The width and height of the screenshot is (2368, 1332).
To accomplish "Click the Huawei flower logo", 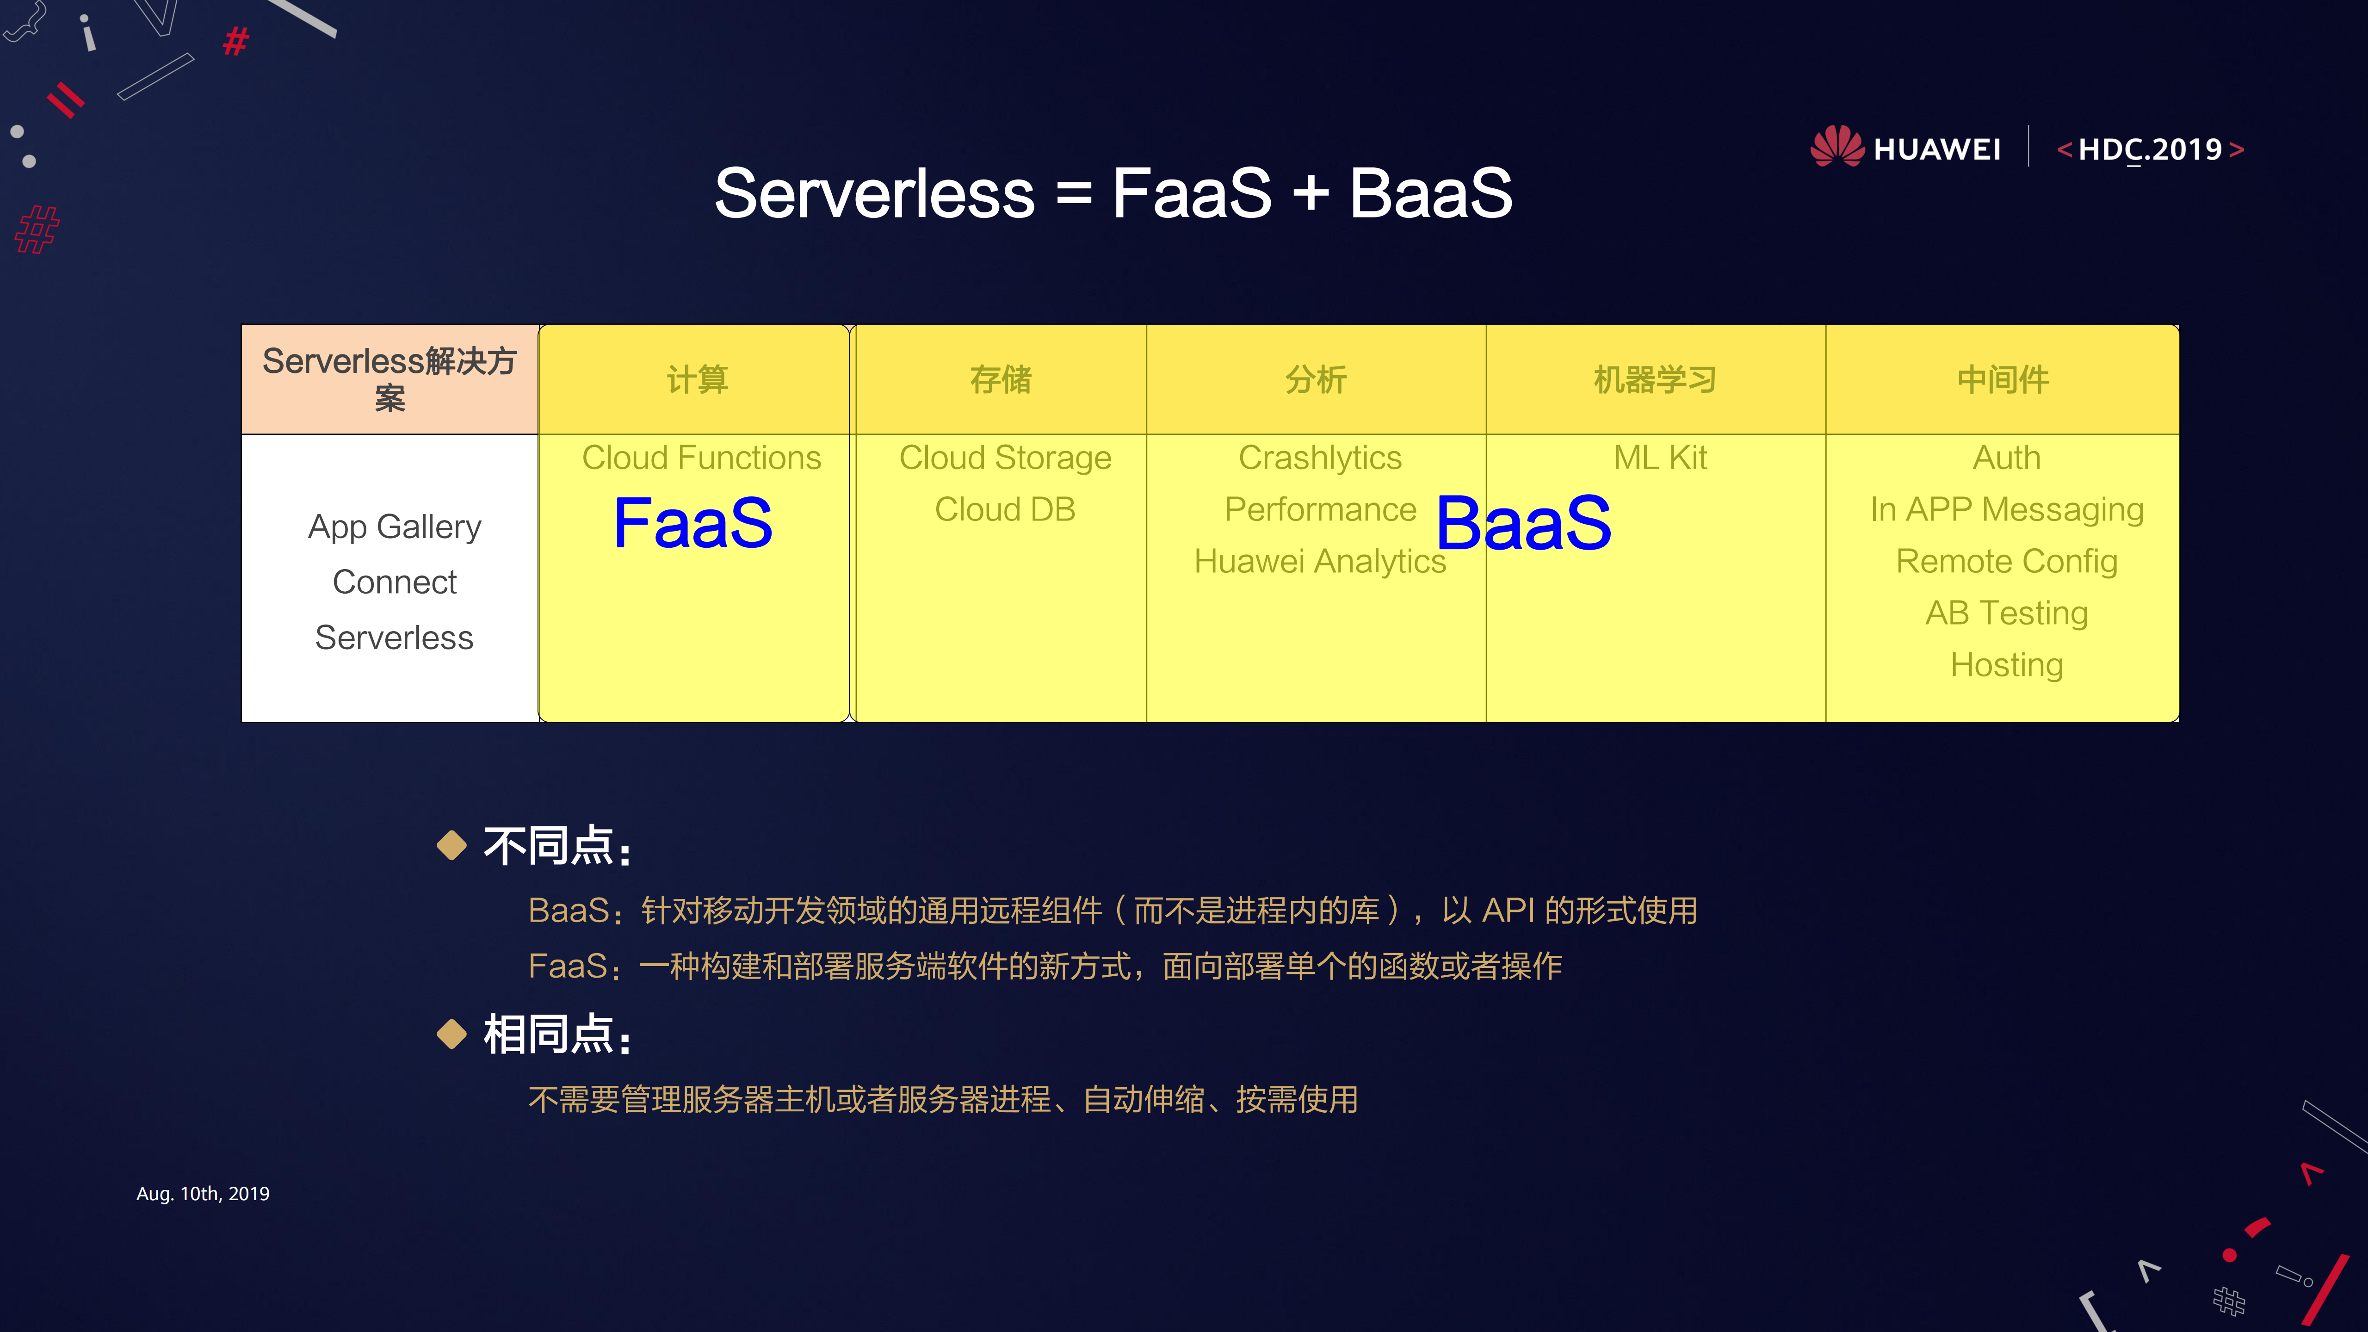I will click(1836, 147).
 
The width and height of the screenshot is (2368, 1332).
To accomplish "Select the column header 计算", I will click(697, 379).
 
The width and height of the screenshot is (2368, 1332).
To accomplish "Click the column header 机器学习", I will click(1655, 379).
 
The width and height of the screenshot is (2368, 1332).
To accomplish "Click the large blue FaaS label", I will click(693, 523).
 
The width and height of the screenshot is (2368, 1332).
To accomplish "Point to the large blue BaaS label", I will click(1523, 523).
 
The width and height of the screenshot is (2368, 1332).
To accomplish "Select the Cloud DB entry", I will click(1005, 509).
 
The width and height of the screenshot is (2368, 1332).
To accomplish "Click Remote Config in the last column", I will click(2007, 561).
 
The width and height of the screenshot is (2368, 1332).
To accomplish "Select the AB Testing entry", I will click(2007, 613).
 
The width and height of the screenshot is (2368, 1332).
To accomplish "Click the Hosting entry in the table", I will click(2007, 665).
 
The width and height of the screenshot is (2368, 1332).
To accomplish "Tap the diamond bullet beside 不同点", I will click(451, 845).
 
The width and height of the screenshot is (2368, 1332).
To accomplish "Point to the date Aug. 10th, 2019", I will click(203, 1193).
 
